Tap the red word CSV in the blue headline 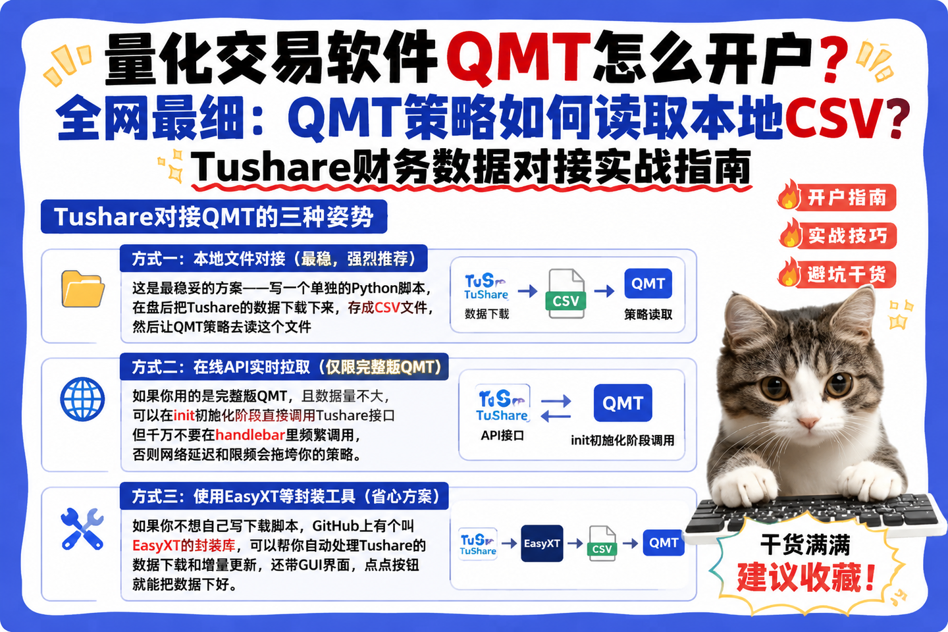pyautogui.click(x=833, y=118)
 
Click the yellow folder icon pyautogui.click(x=83, y=289)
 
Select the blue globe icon pyautogui.click(x=82, y=399)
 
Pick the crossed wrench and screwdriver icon pyautogui.click(x=82, y=529)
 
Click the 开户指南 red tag pyautogui.click(x=837, y=197)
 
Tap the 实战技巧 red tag pyautogui.click(x=838, y=236)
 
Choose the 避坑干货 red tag pyautogui.click(x=837, y=274)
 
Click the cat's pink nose pyautogui.click(x=808, y=422)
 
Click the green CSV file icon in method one pyautogui.click(x=566, y=294)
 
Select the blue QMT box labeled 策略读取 pyautogui.click(x=648, y=283)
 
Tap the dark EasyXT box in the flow pyautogui.click(x=542, y=543)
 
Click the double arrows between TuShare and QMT pyautogui.click(x=556, y=409)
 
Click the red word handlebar pyautogui.click(x=251, y=434)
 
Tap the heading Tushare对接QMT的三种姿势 pyautogui.click(x=214, y=217)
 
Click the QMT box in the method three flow pyautogui.click(x=663, y=542)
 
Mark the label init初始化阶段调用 pyautogui.click(x=623, y=440)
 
